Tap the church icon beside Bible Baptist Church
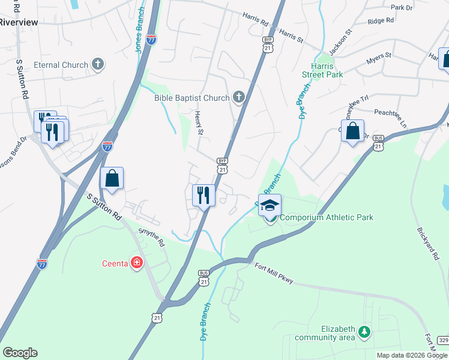pyautogui.click(x=238, y=98)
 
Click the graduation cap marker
pyautogui.click(x=270, y=205)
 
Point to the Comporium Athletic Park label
pyautogui.click(x=327, y=217)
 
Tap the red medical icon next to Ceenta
pyautogui.click(x=137, y=263)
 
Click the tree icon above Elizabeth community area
pyautogui.click(x=363, y=331)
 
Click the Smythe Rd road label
pyautogui.click(x=151, y=236)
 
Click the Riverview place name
pyautogui.click(x=19, y=22)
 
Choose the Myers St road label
pyautogui.click(x=378, y=58)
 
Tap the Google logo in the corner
pyautogui.click(x=20, y=353)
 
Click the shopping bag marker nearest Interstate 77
pyautogui.click(x=112, y=178)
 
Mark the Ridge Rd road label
pyautogui.click(x=381, y=22)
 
